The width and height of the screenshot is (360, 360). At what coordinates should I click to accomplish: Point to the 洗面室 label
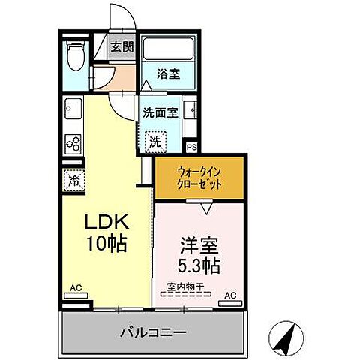coord(160,113)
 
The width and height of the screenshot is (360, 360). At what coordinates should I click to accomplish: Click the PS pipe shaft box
coord(191,148)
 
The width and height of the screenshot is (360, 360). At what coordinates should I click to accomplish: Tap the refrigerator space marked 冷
coord(74,180)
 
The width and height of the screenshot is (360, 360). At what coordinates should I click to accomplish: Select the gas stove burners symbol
coord(73,142)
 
